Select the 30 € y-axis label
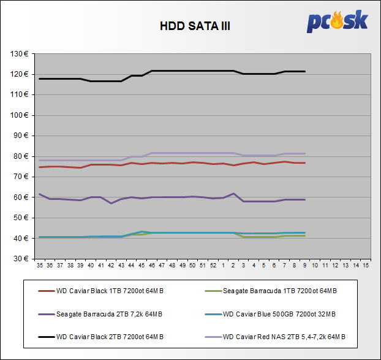[x=22, y=258]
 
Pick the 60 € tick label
[x=22, y=197]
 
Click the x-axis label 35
[x=40, y=266]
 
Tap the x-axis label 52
[x=213, y=266]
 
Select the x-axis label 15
[x=366, y=266]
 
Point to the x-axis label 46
[x=152, y=266]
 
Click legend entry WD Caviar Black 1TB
[x=110, y=291]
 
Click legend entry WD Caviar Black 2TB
[x=110, y=337]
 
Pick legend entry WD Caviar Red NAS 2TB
[x=284, y=337]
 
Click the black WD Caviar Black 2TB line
[x=184, y=71]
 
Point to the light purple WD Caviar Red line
[x=184, y=153]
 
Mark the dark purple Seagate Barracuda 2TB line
[x=184, y=197]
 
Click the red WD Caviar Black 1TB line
[x=184, y=163]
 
